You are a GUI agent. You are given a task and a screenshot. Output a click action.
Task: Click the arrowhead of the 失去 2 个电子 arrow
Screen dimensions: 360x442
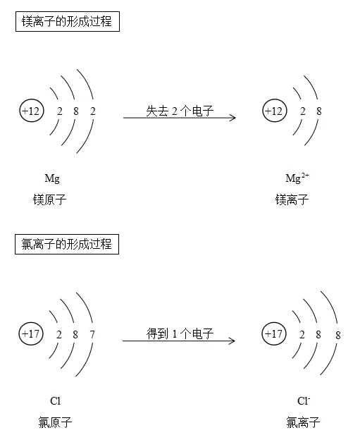pos(235,118)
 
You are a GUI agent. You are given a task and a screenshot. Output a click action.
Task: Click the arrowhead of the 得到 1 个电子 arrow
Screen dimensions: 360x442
pos(235,340)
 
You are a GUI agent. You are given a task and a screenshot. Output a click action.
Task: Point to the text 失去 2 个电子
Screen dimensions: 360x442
pos(180,111)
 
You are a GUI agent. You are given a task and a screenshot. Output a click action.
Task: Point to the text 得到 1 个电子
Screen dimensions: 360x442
pos(180,333)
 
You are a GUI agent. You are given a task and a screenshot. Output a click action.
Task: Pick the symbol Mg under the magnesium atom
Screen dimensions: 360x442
pos(52,179)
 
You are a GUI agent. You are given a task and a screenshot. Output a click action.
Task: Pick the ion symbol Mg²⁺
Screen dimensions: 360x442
pos(297,178)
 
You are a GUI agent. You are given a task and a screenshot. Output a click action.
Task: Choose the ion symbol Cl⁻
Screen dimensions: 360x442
pos(304,400)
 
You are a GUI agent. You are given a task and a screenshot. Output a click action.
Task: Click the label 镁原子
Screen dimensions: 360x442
pos(49,199)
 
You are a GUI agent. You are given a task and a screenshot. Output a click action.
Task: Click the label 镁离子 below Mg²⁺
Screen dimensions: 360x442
pos(292,199)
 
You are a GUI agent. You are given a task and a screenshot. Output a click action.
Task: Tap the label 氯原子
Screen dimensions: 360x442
pos(55,422)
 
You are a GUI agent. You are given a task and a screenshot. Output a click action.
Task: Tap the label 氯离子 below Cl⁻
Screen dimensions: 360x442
pos(303,422)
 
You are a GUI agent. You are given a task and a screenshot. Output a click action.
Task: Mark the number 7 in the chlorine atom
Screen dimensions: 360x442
pos(92,335)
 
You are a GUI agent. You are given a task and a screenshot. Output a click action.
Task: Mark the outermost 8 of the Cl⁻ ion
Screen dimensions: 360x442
pos(338,335)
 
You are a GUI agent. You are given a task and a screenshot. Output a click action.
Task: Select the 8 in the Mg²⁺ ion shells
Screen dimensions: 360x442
pos(319,111)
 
